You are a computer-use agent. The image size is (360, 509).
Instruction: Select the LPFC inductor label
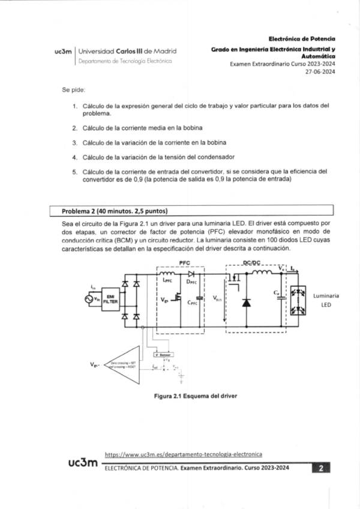[168, 280]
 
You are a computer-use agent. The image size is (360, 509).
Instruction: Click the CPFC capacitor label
[193, 303]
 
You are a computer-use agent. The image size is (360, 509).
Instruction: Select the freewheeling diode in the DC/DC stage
[245, 302]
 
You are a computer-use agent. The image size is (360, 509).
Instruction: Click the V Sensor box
[164, 355]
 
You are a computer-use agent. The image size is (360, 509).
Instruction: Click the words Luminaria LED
[326, 300]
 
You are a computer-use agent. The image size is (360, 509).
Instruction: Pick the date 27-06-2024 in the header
[320, 71]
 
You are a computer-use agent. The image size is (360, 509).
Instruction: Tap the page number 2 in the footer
[322, 468]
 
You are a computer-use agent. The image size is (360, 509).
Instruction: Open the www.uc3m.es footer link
[183, 455]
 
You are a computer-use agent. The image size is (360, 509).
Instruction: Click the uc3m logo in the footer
[82, 463]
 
